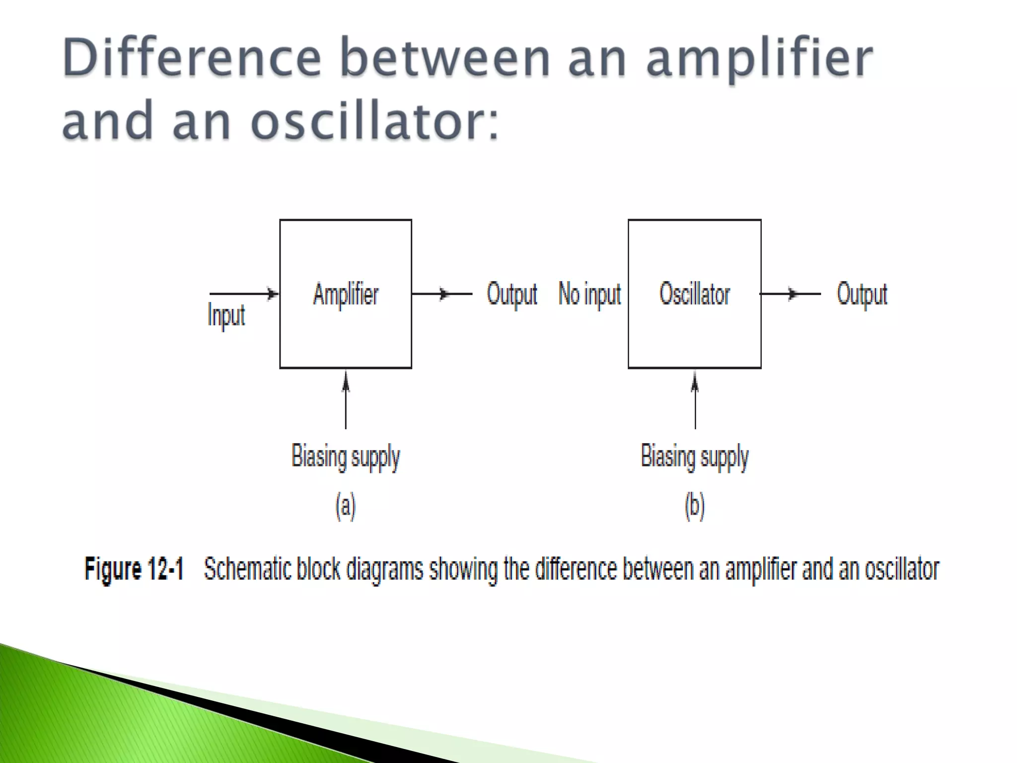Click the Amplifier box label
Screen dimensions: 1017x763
click(346, 294)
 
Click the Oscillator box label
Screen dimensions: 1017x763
click(694, 294)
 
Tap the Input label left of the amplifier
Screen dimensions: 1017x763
click(226, 315)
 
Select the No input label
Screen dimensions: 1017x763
click(589, 294)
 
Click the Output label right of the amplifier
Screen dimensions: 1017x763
click(512, 294)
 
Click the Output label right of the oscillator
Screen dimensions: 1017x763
click(862, 294)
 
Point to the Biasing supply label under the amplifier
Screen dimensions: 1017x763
click(346, 457)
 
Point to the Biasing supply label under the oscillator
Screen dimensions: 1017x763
click(695, 457)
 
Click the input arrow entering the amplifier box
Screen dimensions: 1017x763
click(243, 294)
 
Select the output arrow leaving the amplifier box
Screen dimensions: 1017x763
click(441, 294)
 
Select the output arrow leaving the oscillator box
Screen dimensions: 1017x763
click(790, 294)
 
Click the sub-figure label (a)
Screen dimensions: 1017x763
click(346, 506)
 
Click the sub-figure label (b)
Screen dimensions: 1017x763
click(695, 506)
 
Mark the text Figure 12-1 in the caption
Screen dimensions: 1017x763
click(134, 569)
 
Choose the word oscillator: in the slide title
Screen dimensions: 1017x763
click(374, 121)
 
